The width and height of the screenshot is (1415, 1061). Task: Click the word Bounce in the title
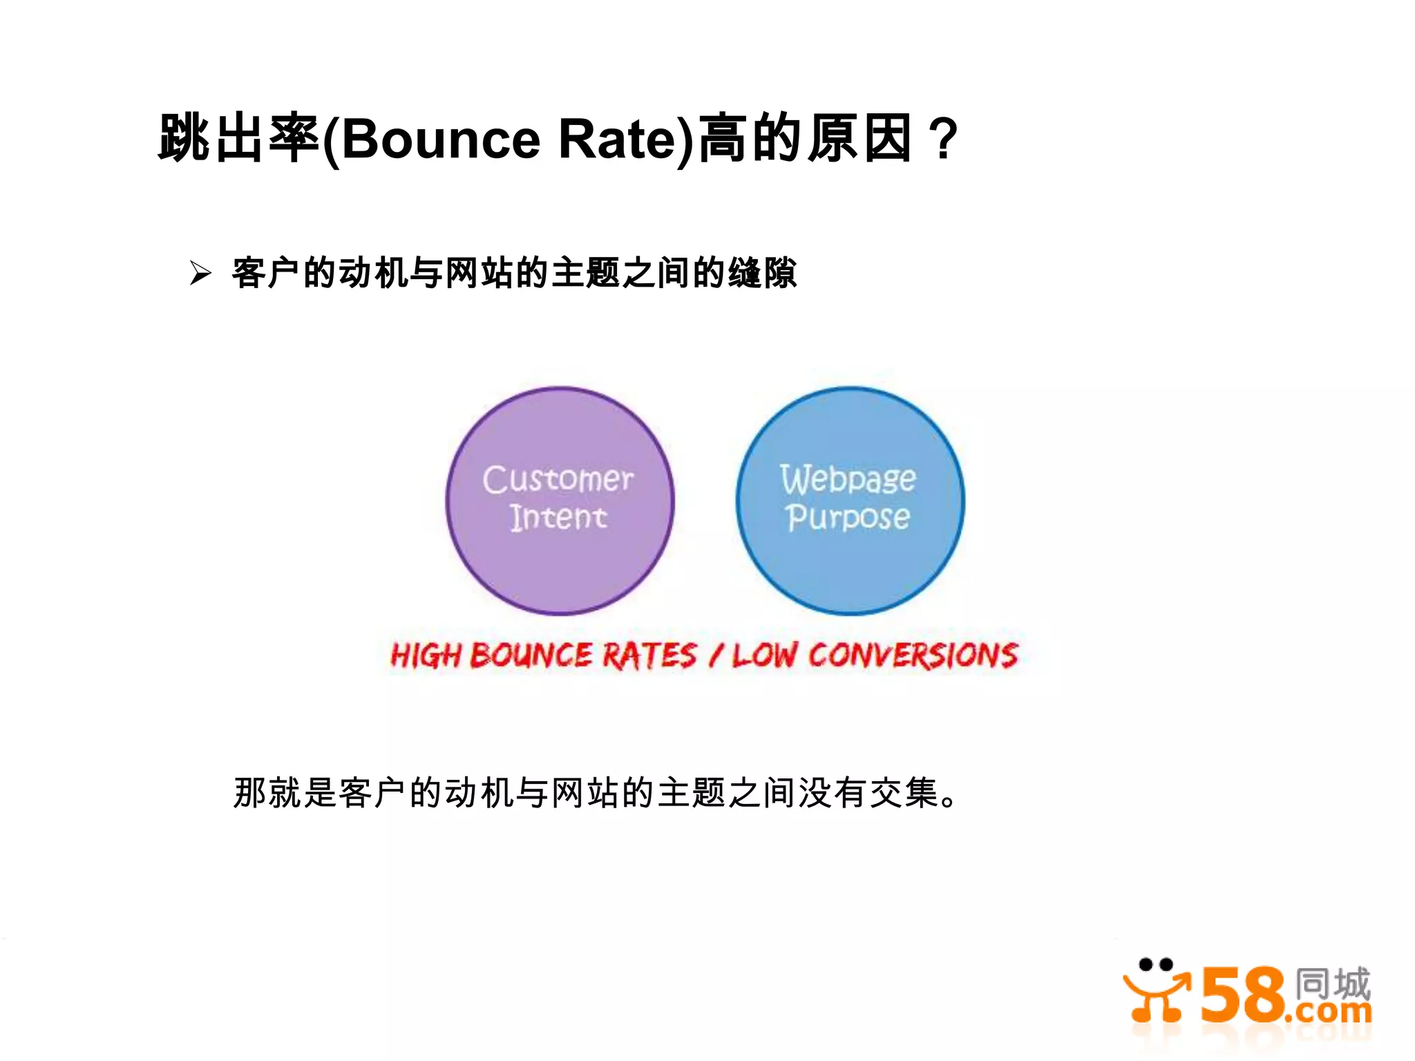440,139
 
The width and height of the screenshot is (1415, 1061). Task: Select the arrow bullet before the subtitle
200,274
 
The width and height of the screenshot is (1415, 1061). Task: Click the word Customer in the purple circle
558,479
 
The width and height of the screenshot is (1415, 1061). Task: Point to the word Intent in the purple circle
558,517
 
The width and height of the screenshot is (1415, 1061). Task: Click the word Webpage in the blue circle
848,478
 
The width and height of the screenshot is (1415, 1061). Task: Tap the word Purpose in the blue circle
848,517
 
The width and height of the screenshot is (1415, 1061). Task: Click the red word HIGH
426,656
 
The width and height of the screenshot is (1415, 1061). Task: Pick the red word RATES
649,656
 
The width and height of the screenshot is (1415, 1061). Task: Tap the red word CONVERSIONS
913,656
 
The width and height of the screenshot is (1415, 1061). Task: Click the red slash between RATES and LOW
716,656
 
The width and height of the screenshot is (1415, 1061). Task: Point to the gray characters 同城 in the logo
1332,982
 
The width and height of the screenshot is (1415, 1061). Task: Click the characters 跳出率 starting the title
238,139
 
